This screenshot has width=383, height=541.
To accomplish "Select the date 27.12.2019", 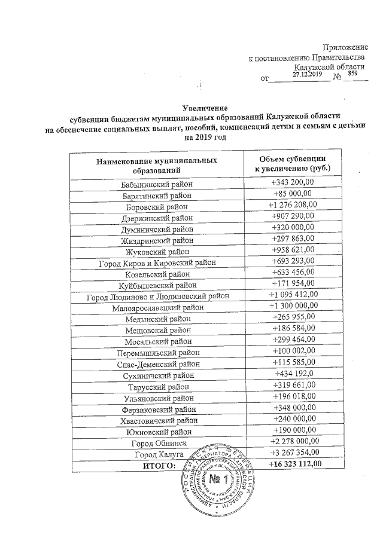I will pos(308,74).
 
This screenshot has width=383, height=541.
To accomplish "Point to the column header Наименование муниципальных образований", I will pos(157,166).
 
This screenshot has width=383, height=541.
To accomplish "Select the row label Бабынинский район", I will pos(158,184).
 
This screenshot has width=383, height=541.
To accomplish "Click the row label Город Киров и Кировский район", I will pos(158,263).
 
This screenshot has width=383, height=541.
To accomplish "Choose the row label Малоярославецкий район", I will pos(158,308).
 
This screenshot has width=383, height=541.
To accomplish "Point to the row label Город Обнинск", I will pos(158,442).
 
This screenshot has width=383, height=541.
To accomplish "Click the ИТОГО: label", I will pos(158,464).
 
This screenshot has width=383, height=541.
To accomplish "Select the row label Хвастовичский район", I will pos(158,420).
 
